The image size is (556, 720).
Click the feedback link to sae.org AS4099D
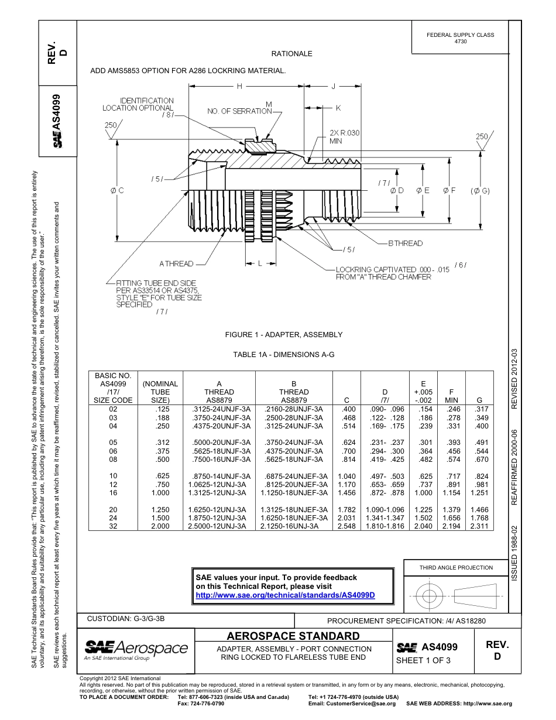(x=284, y=595)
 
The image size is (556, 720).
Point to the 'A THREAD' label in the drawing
(x=176, y=263)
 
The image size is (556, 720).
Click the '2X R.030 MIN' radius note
(x=344, y=137)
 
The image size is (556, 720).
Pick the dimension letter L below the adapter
(x=259, y=263)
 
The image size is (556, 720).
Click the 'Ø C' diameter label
(x=117, y=190)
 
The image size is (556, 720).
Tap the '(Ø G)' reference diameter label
(x=479, y=190)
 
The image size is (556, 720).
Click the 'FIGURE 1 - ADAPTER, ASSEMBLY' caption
(x=284, y=334)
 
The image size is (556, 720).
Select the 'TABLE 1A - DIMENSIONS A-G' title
(x=283, y=354)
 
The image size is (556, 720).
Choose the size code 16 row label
(x=114, y=493)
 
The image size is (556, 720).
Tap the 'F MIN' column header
(x=451, y=396)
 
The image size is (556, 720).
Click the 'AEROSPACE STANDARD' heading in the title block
(x=293, y=636)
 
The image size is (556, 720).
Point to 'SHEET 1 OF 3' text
(x=423, y=660)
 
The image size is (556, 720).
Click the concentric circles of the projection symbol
(x=429, y=596)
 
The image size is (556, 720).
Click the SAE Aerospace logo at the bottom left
(x=136, y=649)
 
